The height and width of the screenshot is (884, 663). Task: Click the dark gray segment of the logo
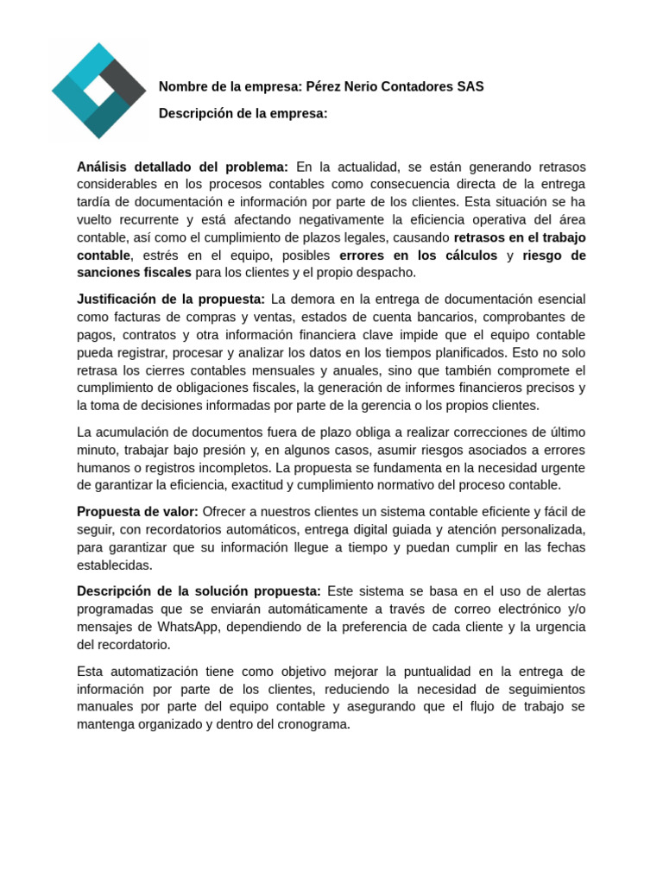[123, 84]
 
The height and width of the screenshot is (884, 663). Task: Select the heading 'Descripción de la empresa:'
[243, 113]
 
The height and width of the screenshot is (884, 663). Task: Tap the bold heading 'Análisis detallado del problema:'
[182, 167]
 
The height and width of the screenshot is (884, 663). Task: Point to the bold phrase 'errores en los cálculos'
[418, 256]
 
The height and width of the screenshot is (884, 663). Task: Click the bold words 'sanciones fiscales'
[134, 273]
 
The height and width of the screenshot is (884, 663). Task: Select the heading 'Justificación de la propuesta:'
[171, 300]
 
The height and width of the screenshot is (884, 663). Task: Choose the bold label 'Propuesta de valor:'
[137, 512]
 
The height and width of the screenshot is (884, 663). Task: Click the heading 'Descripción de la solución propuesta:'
[199, 591]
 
